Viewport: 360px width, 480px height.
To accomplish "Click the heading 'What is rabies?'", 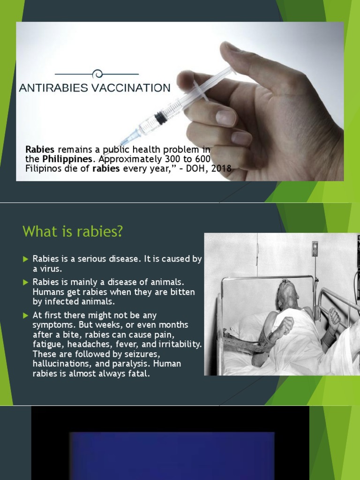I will click(x=72, y=232).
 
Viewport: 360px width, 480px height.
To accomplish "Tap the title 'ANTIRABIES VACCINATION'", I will click(x=95, y=88).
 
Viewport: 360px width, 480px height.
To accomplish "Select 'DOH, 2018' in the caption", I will click(x=212, y=168).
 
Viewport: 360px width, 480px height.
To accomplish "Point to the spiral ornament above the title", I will click(x=97, y=74).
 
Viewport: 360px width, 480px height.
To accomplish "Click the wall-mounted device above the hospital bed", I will click(x=315, y=248).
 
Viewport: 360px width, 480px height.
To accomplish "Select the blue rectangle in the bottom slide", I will click(x=171, y=455).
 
